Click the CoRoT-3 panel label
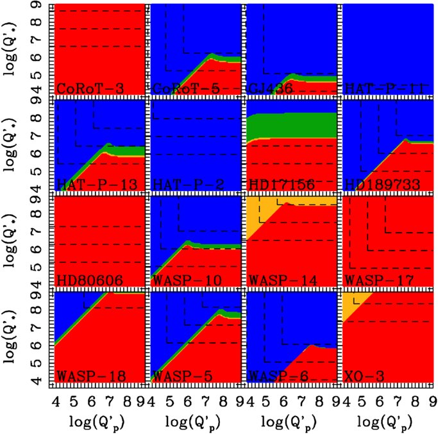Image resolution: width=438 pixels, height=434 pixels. click(x=81, y=88)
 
